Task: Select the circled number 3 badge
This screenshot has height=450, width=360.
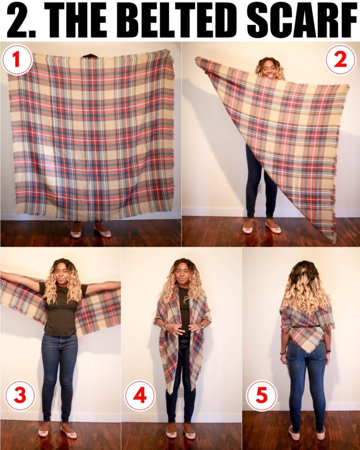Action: [x=19, y=396]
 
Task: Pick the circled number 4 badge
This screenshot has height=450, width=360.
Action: [x=140, y=396]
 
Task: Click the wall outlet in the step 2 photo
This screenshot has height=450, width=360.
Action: [x=260, y=187]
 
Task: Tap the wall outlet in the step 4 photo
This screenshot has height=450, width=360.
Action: [x=181, y=391]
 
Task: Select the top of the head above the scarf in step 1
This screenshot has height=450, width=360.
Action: [x=90, y=56]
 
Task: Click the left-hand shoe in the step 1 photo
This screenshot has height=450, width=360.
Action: [x=76, y=233]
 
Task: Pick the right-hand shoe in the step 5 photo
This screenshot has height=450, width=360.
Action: [x=320, y=434]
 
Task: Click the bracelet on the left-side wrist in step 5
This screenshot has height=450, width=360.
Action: [x=283, y=352]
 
